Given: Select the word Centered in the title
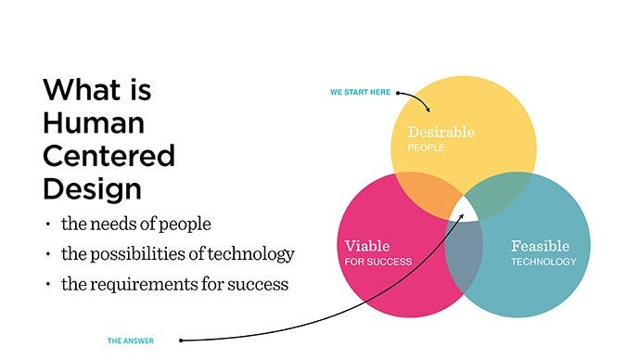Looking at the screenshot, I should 109,156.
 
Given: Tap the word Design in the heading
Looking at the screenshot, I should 92,187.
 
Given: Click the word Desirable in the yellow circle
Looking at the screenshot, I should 441,132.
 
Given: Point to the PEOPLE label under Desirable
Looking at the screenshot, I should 426,148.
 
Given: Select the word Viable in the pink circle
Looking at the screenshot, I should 366,246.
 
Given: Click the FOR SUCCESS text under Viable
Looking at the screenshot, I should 378,262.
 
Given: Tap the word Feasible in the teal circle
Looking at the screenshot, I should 541,247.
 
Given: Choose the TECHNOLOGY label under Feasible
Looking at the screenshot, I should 544,262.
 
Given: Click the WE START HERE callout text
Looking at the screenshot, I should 361,92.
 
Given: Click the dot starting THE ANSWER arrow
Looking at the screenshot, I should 180,341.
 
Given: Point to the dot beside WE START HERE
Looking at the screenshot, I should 395,92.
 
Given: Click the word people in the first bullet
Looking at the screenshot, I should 188,224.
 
